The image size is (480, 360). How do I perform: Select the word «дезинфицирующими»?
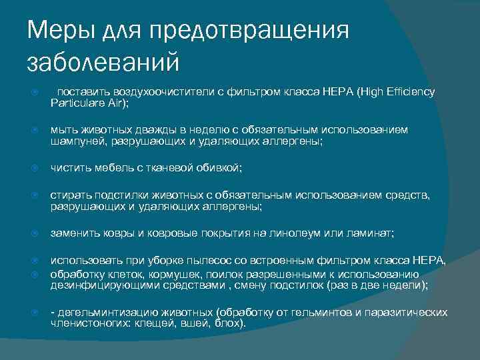click(x=97, y=285)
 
